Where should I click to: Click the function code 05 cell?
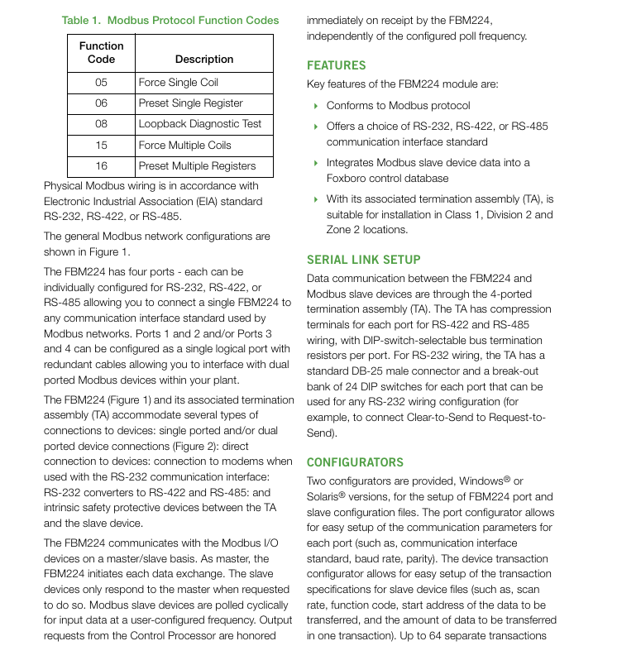(x=101, y=83)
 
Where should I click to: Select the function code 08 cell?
(x=101, y=124)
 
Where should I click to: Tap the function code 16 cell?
(x=101, y=166)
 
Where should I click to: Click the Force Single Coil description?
(x=179, y=83)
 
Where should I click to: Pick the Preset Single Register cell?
(x=191, y=103)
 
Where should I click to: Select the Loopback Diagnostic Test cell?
(x=200, y=124)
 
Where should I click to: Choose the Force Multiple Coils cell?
(x=185, y=145)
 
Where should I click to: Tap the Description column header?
(x=204, y=60)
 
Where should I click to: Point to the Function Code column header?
(x=101, y=53)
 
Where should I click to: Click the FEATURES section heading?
(x=336, y=65)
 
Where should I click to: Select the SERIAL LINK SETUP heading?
(x=363, y=260)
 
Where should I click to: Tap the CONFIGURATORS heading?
(x=355, y=462)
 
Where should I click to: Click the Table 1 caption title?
(x=170, y=21)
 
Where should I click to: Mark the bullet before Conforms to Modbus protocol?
(x=316, y=106)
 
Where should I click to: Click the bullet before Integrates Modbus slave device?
(x=316, y=163)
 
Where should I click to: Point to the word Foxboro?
(x=346, y=179)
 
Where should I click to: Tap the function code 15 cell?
(x=101, y=145)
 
